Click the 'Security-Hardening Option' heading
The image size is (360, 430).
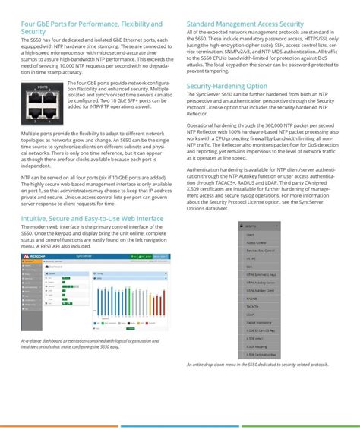(x=226, y=87)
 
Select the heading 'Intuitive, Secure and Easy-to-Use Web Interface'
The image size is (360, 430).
(x=92, y=220)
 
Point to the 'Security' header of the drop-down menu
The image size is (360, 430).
(x=251, y=226)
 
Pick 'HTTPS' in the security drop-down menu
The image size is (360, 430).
(x=250, y=260)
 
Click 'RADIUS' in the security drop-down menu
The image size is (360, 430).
(x=251, y=299)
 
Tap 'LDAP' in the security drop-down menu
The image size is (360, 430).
(x=249, y=315)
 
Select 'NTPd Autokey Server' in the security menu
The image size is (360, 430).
(x=258, y=283)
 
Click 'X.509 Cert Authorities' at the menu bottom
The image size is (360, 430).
(x=261, y=354)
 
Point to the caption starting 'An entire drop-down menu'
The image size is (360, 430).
(x=257, y=365)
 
